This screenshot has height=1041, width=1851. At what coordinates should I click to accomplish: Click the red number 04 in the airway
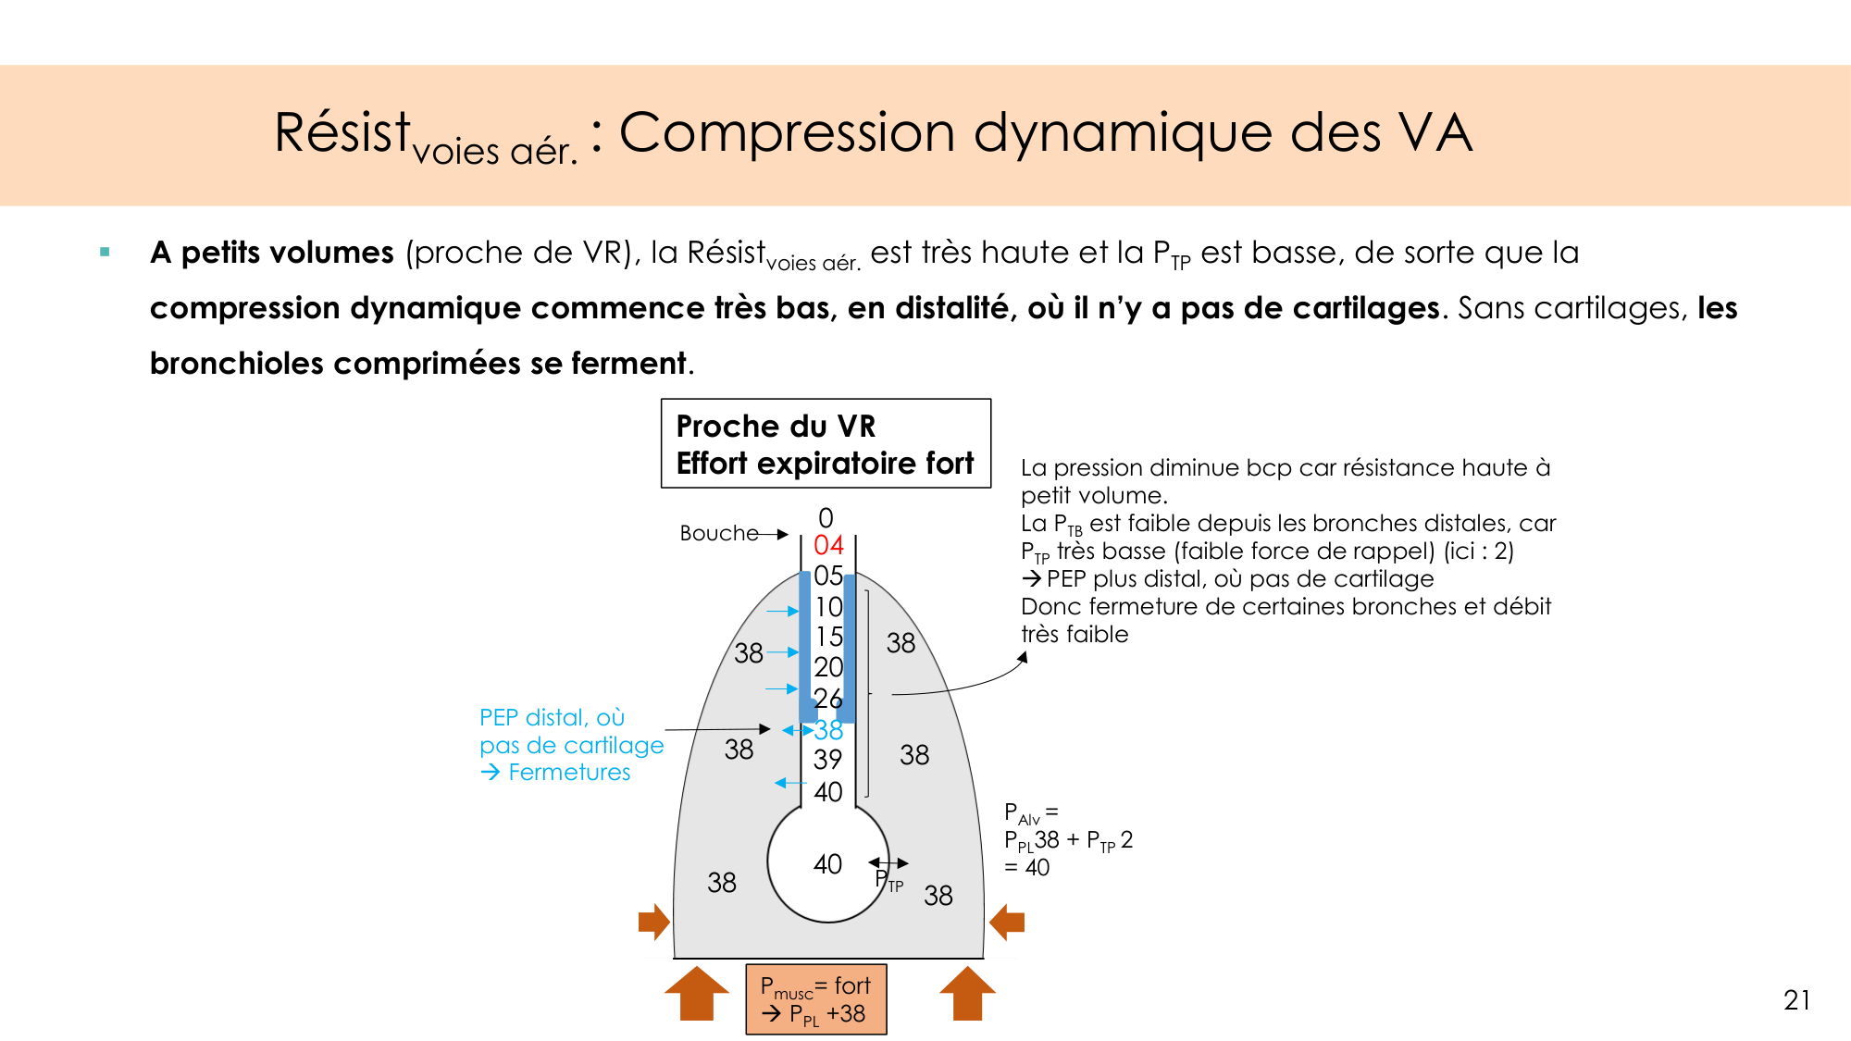tap(828, 545)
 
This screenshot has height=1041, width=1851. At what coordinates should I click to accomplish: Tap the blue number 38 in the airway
tap(829, 730)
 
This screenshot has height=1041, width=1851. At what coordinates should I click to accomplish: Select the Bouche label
tap(718, 533)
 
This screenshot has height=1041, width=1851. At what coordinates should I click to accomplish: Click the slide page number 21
tap(1796, 1000)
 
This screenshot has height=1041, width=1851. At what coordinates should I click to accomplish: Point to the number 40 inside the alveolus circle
tap(827, 864)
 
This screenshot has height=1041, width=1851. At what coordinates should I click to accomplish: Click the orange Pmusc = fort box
tap(815, 999)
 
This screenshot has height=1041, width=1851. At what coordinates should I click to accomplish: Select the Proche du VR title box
tap(826, 443)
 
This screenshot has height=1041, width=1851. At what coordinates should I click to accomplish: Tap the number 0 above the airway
tap(826, 517)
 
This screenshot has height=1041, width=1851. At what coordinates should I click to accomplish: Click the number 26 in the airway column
tap(827, 699)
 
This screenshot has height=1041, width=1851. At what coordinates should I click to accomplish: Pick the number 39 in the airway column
tap(827, 760)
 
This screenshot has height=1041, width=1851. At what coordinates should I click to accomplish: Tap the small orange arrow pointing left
tap(1007, 922)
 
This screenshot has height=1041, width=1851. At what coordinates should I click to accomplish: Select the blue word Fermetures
tap(569, 773)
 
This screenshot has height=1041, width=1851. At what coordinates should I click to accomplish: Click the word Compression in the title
tap(787, 132)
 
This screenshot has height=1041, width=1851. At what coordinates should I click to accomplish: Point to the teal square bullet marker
tap(105, 252)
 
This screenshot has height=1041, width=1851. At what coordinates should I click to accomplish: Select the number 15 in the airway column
tap(828, 637)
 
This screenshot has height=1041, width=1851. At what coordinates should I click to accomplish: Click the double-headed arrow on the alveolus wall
tap(888, 863)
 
